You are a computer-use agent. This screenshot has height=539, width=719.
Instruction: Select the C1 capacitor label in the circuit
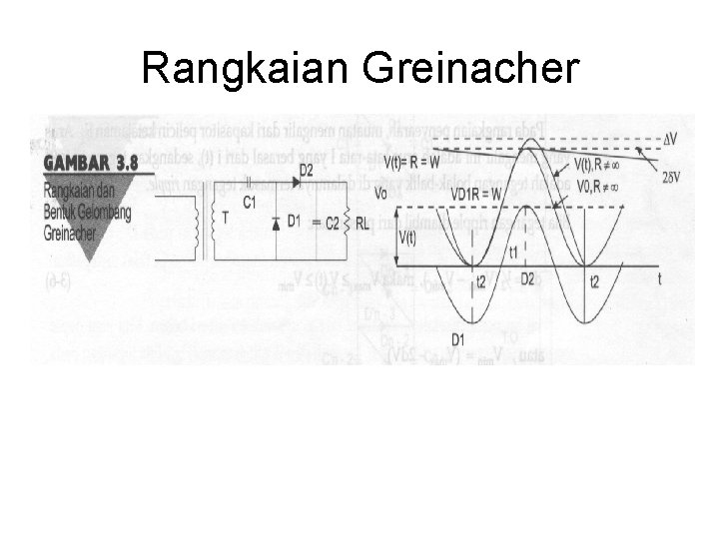(x=250, y=204)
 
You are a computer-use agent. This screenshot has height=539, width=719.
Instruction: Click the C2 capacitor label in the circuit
(x=333, y=223)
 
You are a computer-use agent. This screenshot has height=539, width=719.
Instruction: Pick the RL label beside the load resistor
(x=361, y=225)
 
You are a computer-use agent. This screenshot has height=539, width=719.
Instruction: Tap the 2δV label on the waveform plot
(x=671, y=178)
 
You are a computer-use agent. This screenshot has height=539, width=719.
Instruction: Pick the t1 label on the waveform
(x=513, y=252)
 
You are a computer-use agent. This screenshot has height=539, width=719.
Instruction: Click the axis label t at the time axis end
(x=660, y=280)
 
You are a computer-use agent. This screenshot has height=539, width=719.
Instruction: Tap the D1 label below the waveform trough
(x=458, y=337)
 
